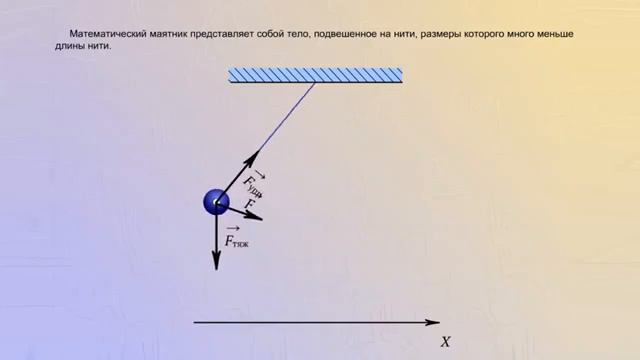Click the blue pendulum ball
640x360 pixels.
[216, 202]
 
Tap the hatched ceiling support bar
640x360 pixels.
[316, 75]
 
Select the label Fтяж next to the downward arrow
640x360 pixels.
[237, 238]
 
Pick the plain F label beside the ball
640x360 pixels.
[251, 202]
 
